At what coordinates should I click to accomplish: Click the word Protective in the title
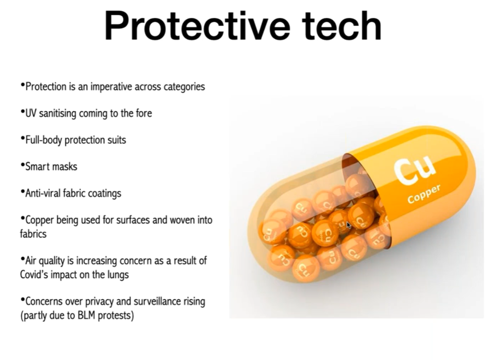coord(197,26)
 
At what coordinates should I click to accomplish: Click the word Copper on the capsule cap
coord(424,194)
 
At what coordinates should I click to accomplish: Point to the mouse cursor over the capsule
coord(349,225)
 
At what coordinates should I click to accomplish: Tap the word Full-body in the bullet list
coord(43,140)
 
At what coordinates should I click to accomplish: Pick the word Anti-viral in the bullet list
coord(43,193)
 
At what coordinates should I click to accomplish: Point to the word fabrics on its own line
coord(33,234)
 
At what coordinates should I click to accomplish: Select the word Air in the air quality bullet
coord(31,260)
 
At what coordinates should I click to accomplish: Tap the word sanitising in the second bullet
coord(58,114)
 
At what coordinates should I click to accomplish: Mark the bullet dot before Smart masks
coord(22,164)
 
